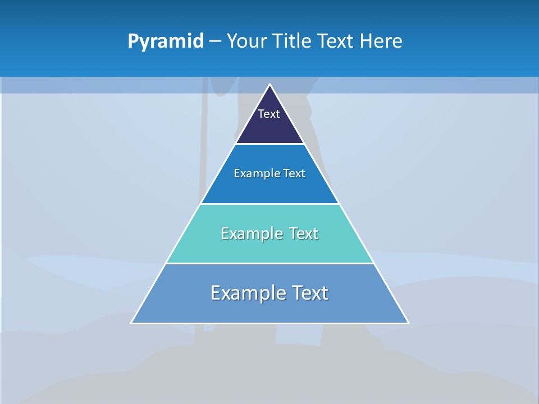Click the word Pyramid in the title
pos(165,41)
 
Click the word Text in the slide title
pos(337,41)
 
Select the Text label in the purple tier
pos(269,114)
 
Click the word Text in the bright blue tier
pos(294,173)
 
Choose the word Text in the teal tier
pos(304,233)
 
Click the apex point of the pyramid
pos(269,85)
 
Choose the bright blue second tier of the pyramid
pos(269,191)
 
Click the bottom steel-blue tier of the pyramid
pos(269,311)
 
